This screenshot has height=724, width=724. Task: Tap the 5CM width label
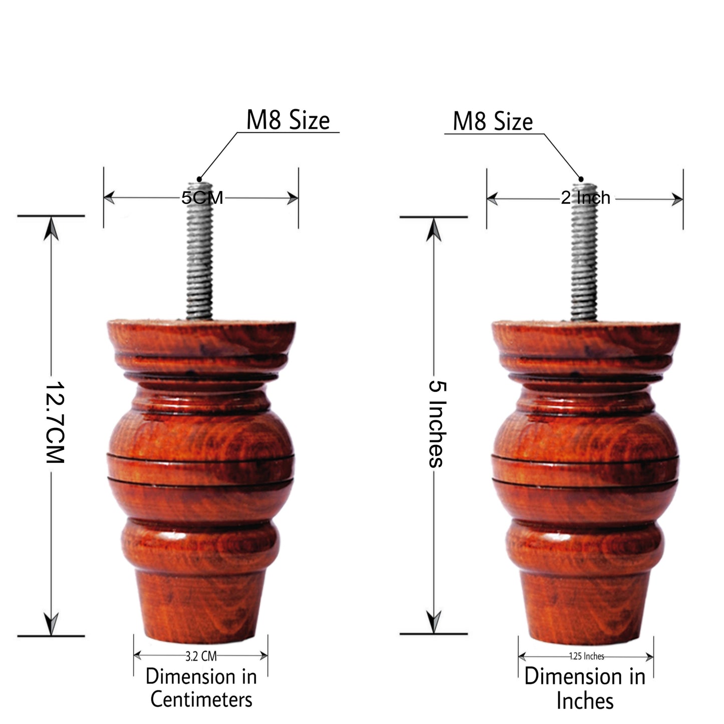pos(202,198)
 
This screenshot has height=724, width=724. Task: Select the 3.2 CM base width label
pos(201,655)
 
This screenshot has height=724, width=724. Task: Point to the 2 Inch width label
pos(585,198)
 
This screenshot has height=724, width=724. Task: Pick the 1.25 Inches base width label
pos(586,656)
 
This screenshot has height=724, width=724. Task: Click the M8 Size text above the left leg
pos(288,121)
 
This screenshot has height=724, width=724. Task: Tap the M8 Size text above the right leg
pos(493,122)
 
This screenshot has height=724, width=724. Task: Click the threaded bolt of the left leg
pos(200,261)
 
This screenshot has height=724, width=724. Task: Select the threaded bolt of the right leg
pos(584,261)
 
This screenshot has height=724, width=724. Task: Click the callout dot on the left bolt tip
pos(199,178)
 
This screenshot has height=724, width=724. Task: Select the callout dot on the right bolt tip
pos(581,178)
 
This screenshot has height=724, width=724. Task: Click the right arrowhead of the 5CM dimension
pos(293,198)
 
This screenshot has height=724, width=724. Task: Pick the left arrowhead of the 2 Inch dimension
pos(493,199)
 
